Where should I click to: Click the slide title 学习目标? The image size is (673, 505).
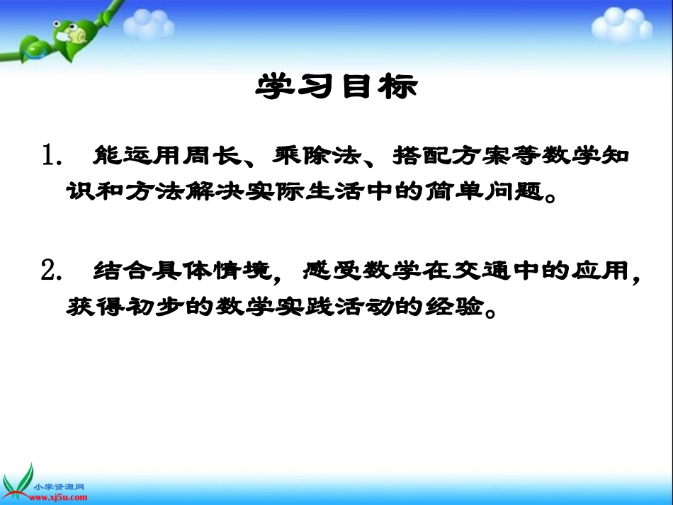coord(336,88)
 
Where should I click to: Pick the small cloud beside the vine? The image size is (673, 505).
coord(149,24)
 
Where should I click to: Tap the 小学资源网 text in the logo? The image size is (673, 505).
coord(60,487)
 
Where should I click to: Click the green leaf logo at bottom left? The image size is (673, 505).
coord(19,482)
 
